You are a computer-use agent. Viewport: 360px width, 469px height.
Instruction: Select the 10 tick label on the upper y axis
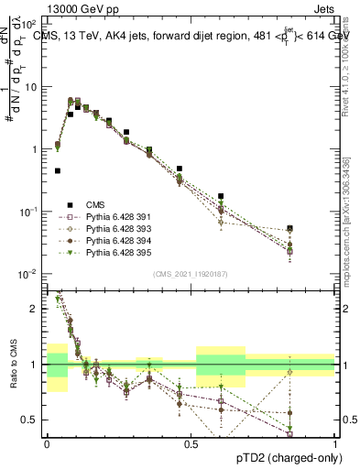tap(32, 86)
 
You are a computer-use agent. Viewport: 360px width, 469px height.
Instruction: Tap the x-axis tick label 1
tap(335, 444)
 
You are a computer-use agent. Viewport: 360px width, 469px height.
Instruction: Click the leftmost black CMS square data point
tap(57, 170)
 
